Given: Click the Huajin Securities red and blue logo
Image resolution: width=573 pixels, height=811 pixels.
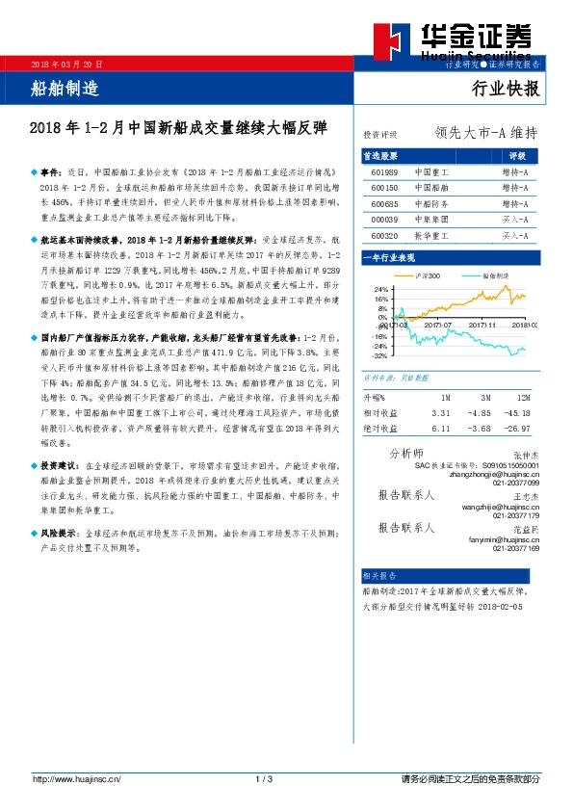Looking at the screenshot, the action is point(397,40).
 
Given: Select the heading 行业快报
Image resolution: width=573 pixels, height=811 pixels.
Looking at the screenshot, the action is point(506,90).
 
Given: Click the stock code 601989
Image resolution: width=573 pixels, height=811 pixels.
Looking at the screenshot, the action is point(385,172).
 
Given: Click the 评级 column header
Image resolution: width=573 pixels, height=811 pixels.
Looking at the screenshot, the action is point(517,155).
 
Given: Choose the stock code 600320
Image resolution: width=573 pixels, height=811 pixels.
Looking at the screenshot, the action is point(385,234).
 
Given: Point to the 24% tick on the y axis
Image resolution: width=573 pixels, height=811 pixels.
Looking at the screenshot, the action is point(380,289).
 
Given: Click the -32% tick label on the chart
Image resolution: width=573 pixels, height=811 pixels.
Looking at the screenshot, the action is point(379,355).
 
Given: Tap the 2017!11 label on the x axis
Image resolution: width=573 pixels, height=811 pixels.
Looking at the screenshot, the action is point(482,326).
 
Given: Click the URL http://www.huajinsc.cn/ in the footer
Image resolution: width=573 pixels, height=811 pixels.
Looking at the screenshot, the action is point(78,778).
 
